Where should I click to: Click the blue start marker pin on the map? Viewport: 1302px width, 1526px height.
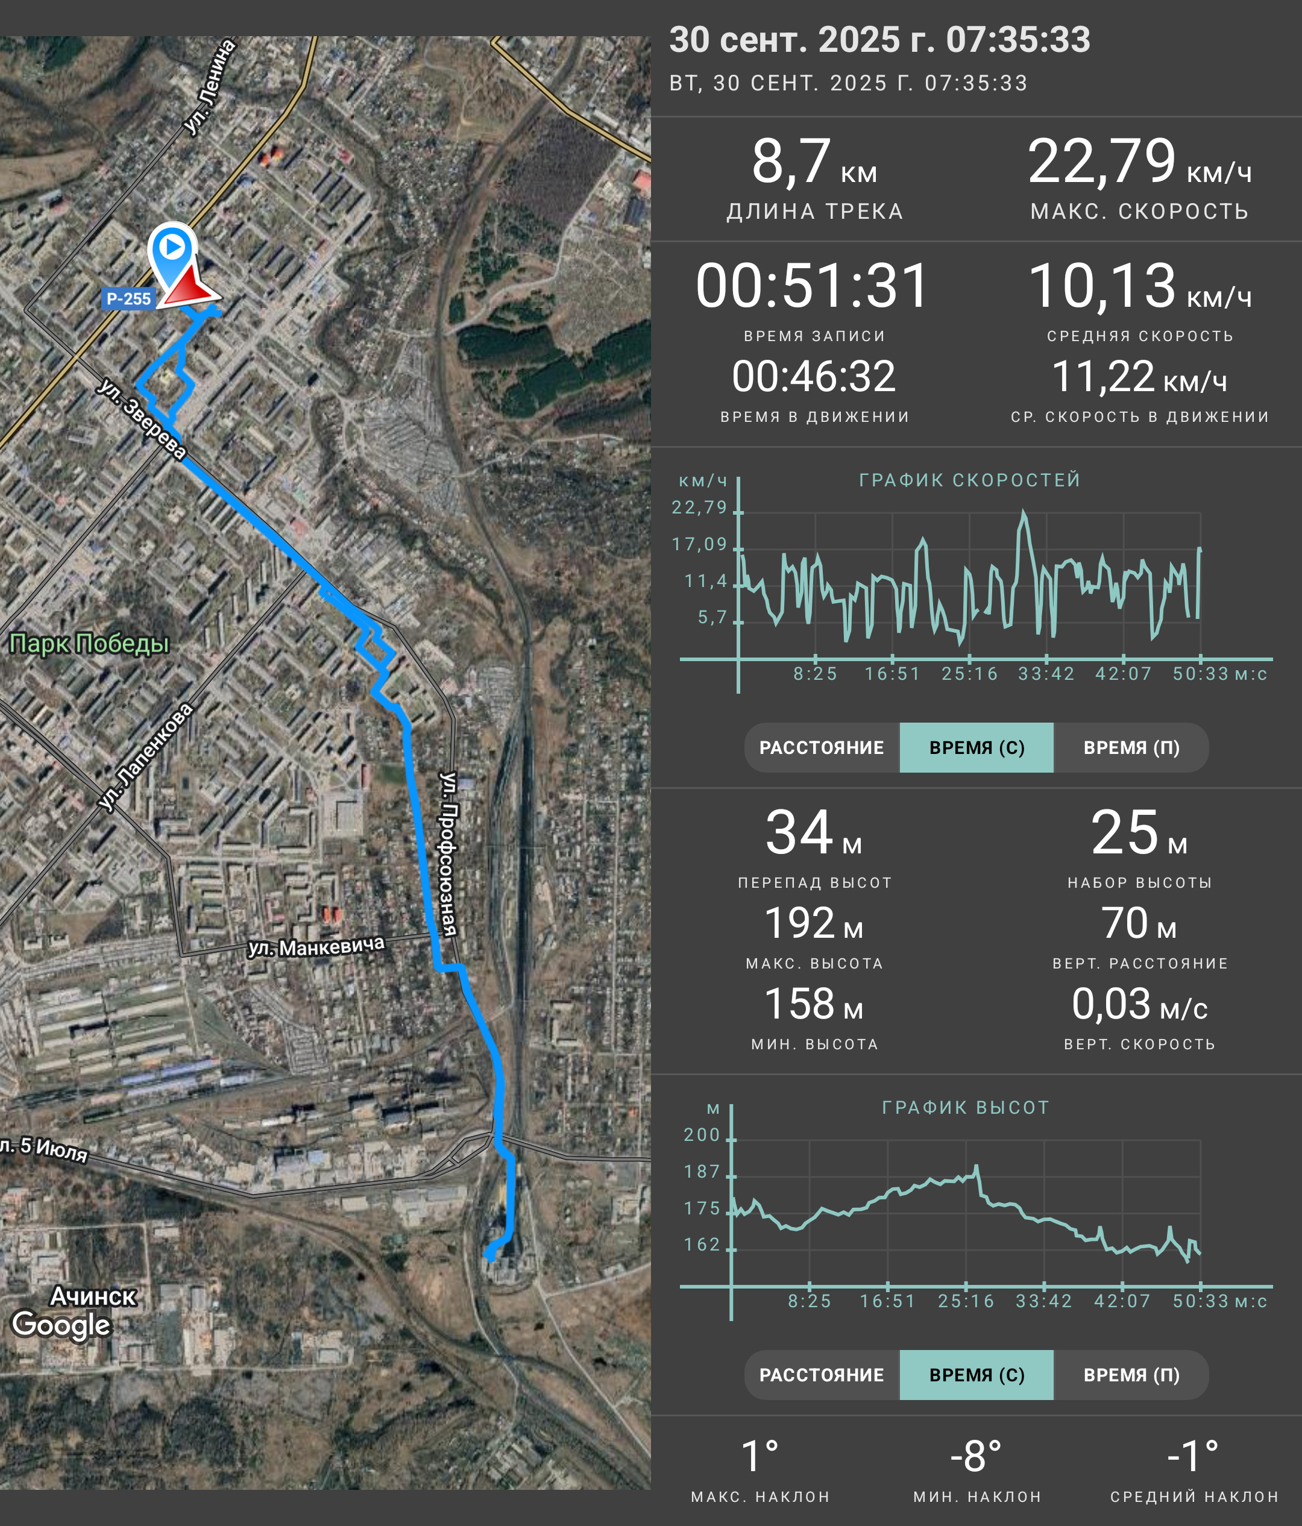pyautogui.click(x=172, y=254)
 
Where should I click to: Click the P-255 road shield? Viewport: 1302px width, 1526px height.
pyautogui.click(x=128, y=298)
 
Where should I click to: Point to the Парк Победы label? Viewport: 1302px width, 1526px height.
pyautogui.click(x=89, y=644)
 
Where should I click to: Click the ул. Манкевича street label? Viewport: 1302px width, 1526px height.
pyautogui.click(x=316, y=946)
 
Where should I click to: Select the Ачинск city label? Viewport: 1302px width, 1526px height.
pyautogui.click(x=93, y=1296)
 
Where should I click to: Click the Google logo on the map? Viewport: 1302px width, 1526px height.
pyautogui.click(x=62, y=1324)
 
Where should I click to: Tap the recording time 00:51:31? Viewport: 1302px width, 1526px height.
pyautogui.click(x=813, y=286)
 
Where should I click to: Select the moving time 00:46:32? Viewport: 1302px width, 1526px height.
pyautogui.click(x=814, y=376)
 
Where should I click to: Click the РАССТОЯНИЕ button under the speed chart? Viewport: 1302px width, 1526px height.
pyautogui.click(x=822, y=747)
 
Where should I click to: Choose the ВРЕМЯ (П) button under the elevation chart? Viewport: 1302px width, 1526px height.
pyautogui.click(x=1131, y=1375)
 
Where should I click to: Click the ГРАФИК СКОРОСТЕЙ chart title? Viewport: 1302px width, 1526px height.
pyautogui.click(x=970, y=480)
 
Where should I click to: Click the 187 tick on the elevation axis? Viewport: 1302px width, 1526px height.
pyautogui.click(x=702, y=1172)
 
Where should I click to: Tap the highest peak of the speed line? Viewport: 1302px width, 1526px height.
pyautogui.click(x=1024, y=511)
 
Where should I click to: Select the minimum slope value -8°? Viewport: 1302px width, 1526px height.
pyautogui.click(x=976, y=1456)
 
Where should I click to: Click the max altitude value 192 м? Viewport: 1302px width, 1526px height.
pyautogui.click(x=814, y=923)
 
